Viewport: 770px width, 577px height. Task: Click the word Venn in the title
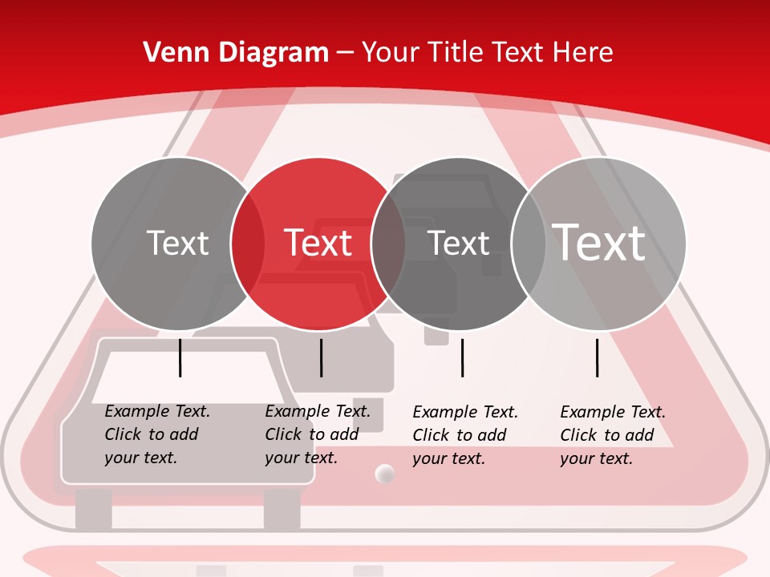click(170, 52)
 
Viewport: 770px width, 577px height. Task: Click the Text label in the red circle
click(318, 243)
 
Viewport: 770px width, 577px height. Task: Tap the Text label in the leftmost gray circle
click(177, 243)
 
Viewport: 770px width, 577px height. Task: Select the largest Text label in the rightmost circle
click(598, 242)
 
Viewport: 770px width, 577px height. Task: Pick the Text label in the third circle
click(458, 243)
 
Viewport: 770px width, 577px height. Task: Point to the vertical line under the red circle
click(321, 357)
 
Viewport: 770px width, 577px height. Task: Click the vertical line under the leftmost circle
click(180, 357)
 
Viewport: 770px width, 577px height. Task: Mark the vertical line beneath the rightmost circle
click(598, 357)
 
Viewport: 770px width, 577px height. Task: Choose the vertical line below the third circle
click(463, 357)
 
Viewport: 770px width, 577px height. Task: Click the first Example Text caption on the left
click(157, 434)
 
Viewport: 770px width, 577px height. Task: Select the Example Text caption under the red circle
click(318, 434)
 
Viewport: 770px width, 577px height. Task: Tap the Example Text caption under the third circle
click(465, 435)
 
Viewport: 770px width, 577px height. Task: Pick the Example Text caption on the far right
click(613, 435)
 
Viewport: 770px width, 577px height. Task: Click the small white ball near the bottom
click(385, 474)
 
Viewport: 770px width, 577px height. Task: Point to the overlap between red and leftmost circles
click(247, 243)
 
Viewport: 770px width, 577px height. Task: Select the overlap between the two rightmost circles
click(528, 243)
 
